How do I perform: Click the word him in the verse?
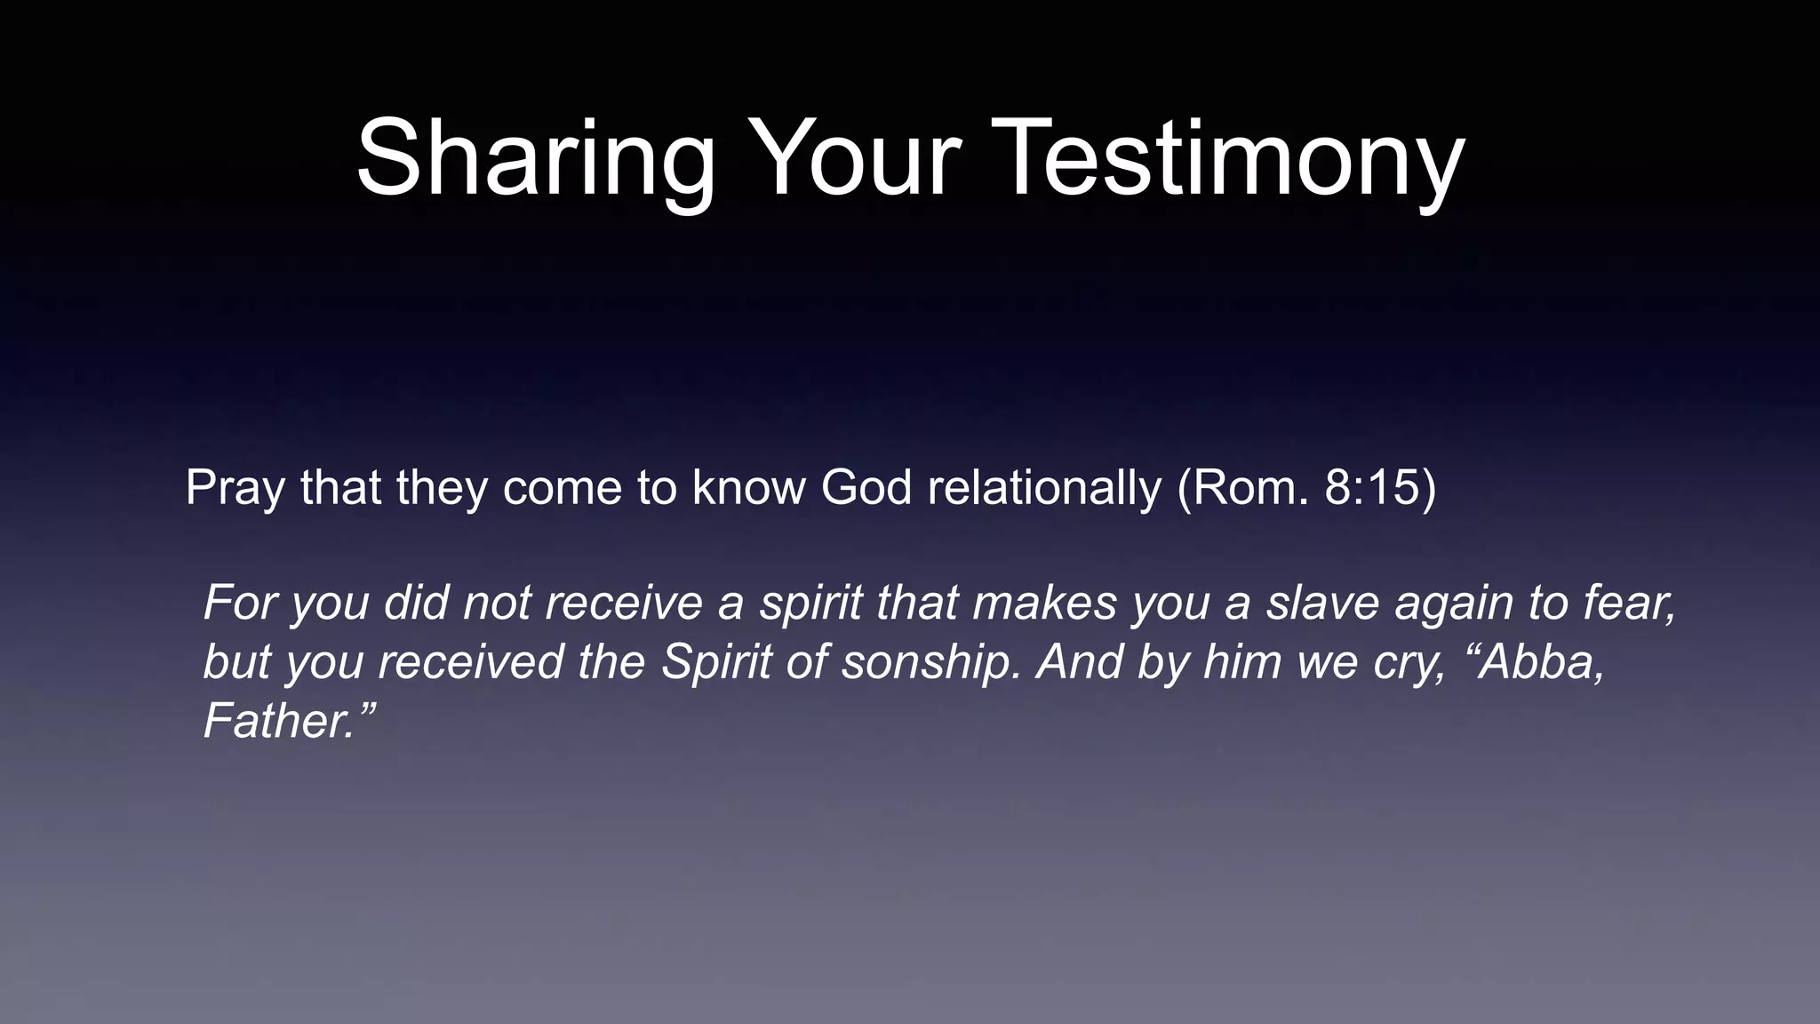pyautogui.click(x=1244, y=663)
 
